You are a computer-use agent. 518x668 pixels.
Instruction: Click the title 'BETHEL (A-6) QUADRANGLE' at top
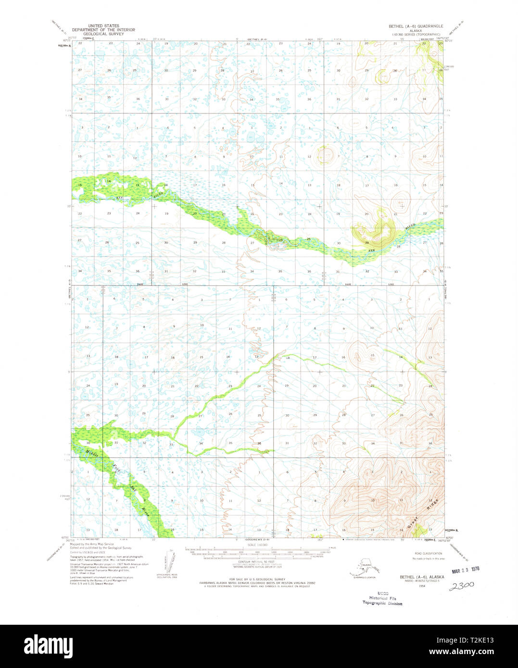(x=412, y=26)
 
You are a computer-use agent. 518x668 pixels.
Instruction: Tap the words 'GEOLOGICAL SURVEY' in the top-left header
(x=103, y=35)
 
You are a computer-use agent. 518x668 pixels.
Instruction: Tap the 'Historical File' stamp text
(x=383, y=598)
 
